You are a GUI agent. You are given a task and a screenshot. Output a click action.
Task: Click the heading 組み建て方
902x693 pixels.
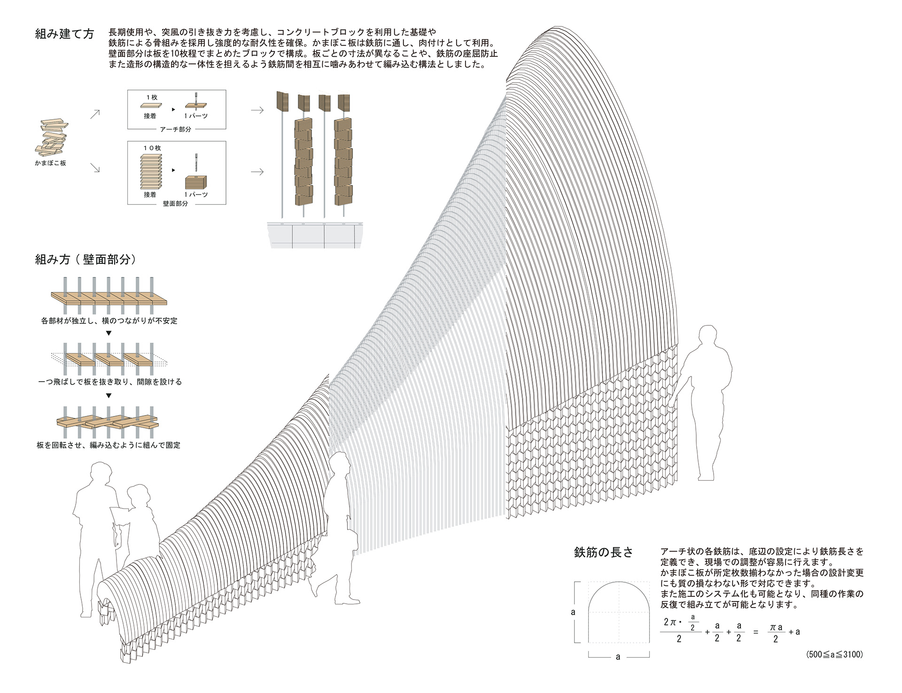click(x=64, y=34)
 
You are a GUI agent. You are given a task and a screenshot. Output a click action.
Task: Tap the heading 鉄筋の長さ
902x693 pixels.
click(x=603, y=553)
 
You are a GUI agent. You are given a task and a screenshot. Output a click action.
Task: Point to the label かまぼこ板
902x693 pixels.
click(x=50, y=163)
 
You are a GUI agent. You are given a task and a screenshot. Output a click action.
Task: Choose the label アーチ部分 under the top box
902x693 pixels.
click(x=175, y=129)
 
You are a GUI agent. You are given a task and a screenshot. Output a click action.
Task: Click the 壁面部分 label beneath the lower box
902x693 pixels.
click(x=175, y=204)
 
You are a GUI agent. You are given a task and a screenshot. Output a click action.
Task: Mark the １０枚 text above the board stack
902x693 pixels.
click(x=152, y=148)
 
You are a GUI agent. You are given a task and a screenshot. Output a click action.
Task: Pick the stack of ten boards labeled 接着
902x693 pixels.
click(x=151, y=171)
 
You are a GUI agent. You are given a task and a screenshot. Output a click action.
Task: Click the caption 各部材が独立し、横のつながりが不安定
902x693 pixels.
click(x=109, y=321)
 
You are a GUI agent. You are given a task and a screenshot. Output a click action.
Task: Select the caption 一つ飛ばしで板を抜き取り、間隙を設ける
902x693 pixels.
click(x=109, y=382)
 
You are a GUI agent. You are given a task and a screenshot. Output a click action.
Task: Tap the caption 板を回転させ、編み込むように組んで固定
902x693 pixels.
click(x=109, y=445)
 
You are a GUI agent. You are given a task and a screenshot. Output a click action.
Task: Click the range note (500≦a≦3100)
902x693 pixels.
click(x=834, y=654)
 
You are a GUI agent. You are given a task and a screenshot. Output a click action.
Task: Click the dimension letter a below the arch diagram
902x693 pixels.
click(x=618, y=657)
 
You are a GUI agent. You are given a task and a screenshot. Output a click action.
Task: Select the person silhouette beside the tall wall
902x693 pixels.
click(x=705, y=399)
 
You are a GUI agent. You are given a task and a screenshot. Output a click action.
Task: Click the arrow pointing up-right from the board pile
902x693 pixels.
click(x=95, y=114)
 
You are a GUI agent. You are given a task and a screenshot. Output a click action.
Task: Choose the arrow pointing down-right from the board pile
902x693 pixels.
click(x=95, y=167)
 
